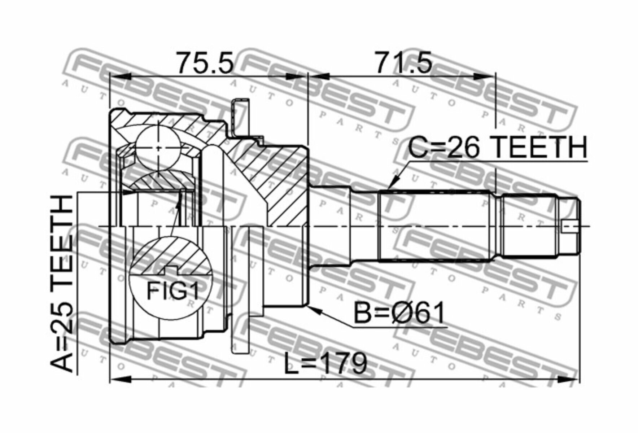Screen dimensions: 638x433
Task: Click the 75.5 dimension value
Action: coord(205,63)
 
